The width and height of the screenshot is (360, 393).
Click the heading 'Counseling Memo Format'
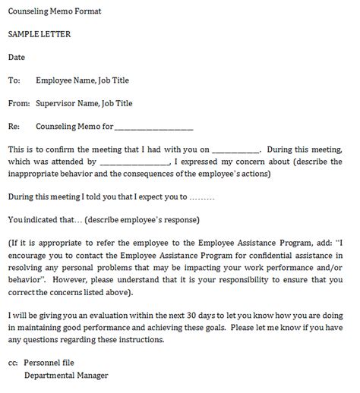click(x=54, y=11)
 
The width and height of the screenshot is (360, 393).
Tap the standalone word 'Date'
click(x=16, y=57)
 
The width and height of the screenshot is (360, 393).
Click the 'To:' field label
click(x=14, y=80)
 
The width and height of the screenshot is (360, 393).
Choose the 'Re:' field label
click(x=14, y=126)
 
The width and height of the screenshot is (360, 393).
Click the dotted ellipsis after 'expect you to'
click(x=201, y=196)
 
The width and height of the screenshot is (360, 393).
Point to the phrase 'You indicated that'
click(x=39, y=220)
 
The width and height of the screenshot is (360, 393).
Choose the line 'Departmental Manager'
click(x=66, y=375)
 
